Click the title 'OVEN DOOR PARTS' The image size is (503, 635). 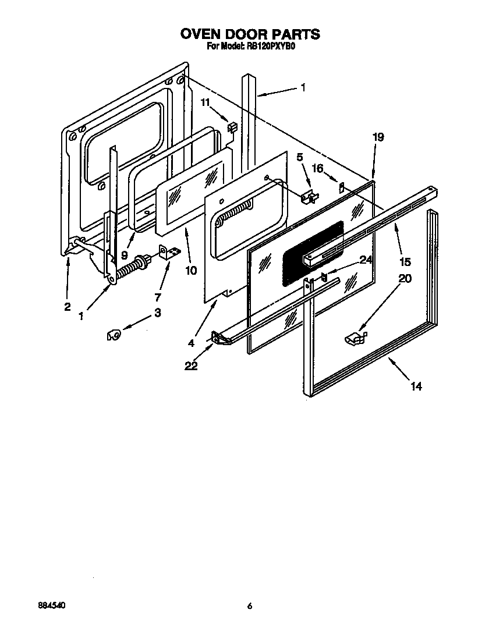(x=250, y=34)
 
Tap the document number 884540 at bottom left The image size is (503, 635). (x=51, y=605)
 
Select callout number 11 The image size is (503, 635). (x=205, y=102)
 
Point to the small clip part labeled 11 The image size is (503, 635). (x=232, y=127)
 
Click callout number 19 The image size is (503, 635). (x=378, y=137)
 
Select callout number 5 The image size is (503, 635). (x=300, y=157)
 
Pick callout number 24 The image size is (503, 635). (x=365, y=260)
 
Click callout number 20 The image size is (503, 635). (x=405, y=279)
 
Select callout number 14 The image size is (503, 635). (x=416, y=386)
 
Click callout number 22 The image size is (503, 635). (x=192, y=366)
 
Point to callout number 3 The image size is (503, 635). (x=158, y=313)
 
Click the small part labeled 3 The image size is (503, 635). (x=114, y=335)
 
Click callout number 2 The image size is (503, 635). (x=68, y=307)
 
